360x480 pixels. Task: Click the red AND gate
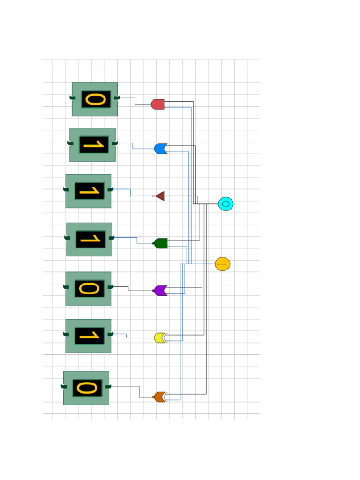[157, 104]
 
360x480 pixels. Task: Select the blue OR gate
[160, 149]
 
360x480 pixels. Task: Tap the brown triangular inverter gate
[160, 196]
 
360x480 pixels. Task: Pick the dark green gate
[161, 243]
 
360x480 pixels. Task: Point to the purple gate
[160, 291]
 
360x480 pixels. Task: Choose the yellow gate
[160, 337]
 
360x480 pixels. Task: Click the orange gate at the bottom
[160, 397]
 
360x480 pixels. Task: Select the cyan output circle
[225, 204]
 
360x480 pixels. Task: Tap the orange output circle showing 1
[222, 264]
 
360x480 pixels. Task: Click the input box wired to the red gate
[95, 99]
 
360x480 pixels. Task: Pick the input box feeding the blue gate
[92, 145]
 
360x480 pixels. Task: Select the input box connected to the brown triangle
[88, 191]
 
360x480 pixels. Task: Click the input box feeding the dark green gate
[89, 240]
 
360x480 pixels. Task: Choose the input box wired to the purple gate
[88, 289]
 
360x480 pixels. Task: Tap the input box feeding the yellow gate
[88, 336]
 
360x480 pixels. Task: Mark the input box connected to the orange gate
[86, 388]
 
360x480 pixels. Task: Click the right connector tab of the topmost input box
[117, 97]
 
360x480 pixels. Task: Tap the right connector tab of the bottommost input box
[108, 386]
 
